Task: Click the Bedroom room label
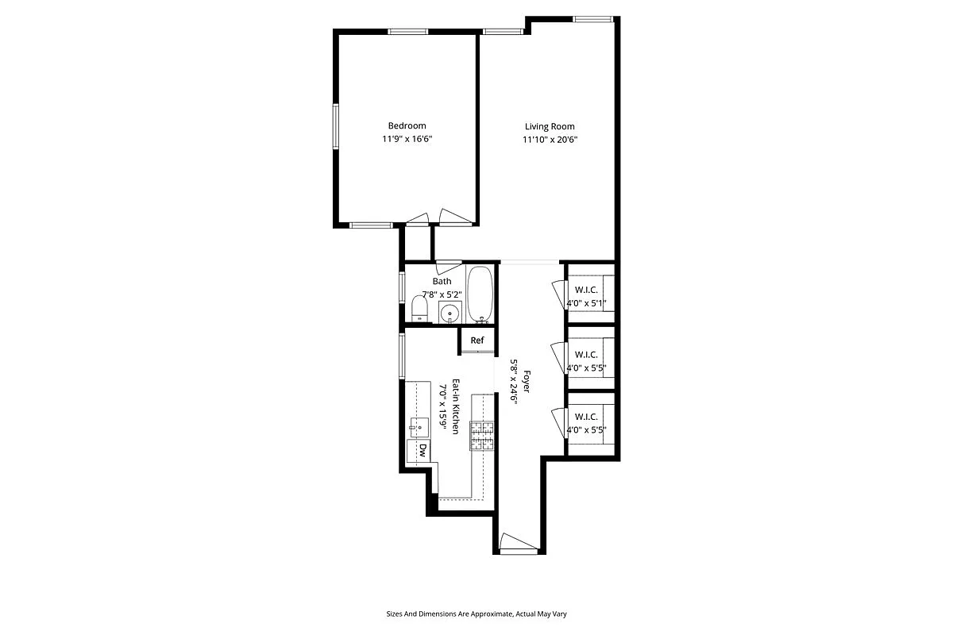coord(407,125)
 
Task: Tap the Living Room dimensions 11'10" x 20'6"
coord(550,140)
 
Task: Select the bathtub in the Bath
coord(480,294)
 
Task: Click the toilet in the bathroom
coord(419,308)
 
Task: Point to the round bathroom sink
coord(450,312)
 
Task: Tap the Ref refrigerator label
coord(476,341)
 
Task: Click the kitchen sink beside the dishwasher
coord(419,425)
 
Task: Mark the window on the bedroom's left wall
coord(336,127)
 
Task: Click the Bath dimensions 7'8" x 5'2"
coord(442,294)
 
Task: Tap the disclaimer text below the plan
coord(476,614)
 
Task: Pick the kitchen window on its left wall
coord(403,357)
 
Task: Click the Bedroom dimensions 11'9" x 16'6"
coord(407,140)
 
